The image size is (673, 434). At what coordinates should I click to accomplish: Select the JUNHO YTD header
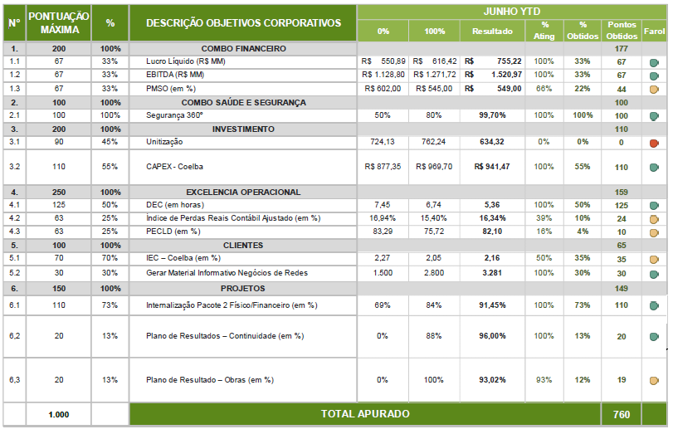(x=513, y=12)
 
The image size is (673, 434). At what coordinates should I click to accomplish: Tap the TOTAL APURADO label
(x=365, y=413)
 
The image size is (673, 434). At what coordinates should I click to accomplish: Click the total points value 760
(x=621, y=414)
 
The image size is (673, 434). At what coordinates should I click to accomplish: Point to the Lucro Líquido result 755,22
(x=505, y=62)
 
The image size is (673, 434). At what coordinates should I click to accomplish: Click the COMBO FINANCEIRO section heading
(x=243, y=49)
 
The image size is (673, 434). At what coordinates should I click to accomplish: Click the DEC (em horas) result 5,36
(x=492, y=205)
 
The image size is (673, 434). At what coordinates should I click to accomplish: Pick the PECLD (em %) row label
(x=173, y=232)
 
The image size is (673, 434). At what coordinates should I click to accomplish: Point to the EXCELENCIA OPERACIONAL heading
(x=243, y=192)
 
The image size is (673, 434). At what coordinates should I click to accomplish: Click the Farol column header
(x=654, y=32)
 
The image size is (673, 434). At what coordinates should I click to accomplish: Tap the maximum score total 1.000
(x=59, y=414)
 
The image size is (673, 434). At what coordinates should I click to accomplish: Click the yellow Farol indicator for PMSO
(x=654, y=90)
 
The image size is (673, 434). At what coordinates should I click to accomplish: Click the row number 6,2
(x=14, y=336)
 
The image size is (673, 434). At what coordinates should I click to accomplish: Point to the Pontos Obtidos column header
(x=621, y=32)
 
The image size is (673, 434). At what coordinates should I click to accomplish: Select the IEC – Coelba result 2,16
(x=492, y=259)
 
